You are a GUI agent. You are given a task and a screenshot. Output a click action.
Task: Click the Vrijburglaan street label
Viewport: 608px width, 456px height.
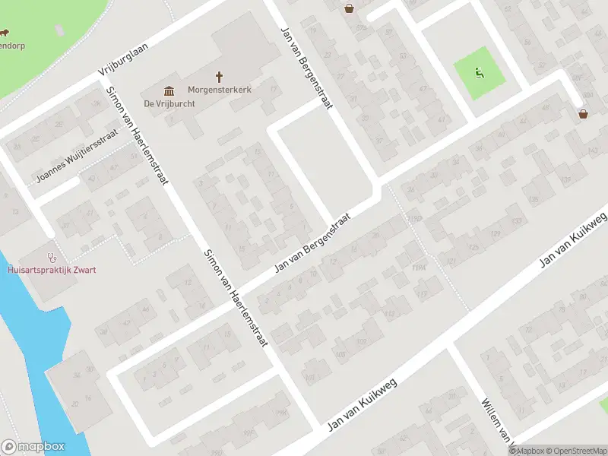coord(122,59)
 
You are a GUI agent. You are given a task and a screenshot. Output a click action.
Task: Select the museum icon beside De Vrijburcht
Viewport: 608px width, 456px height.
coord(167,90)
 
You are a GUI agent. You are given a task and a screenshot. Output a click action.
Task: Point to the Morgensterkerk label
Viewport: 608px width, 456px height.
coord(220,90)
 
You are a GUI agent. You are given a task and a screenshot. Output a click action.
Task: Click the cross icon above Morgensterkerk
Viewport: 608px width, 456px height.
coord(220,77)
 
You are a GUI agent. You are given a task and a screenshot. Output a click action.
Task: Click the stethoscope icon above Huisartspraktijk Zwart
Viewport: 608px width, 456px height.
coord(52,256)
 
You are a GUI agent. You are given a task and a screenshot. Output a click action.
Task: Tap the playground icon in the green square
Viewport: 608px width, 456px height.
coord(480,73)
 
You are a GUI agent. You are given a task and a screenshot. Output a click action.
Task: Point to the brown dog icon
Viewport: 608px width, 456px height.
coord(3,33)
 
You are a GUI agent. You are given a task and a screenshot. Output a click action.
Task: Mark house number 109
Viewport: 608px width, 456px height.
coord(360,343)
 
